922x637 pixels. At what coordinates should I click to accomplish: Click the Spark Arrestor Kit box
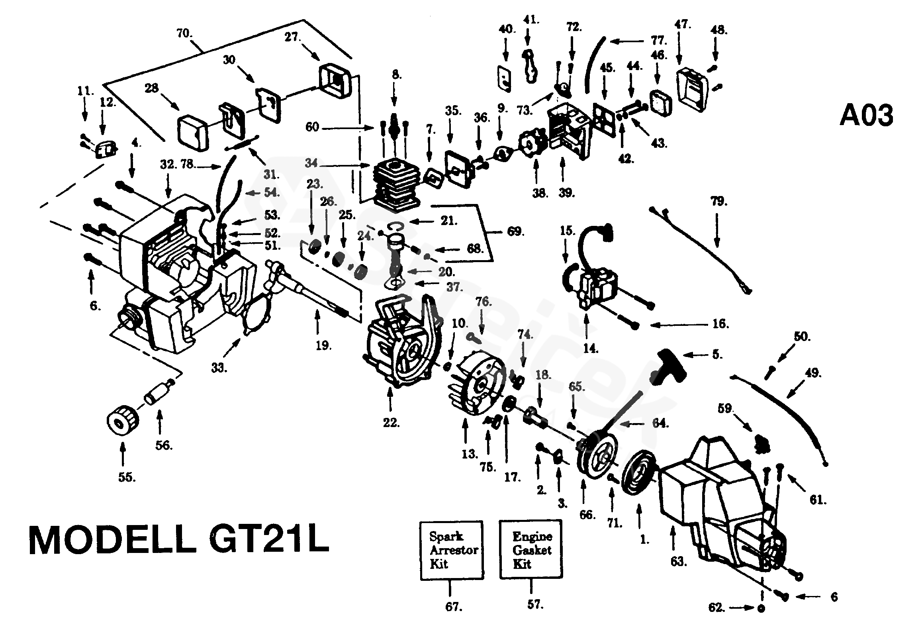pos(452,550)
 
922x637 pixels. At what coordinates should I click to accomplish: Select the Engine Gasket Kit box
pos(531,549)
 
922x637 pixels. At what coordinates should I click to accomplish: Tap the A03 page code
pos(866,116)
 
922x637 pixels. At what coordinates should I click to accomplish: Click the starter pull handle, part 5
pos(671,367)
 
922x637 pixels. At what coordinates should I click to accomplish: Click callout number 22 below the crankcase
pos(391,422)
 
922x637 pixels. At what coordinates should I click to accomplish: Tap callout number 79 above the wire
pos(718,201)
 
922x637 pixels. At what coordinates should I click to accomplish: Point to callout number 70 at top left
pos(184,33)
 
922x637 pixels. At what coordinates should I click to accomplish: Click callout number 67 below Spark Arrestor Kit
pos(454,607)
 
